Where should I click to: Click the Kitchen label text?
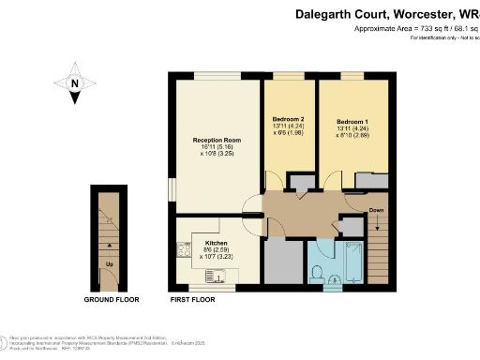[217, 242]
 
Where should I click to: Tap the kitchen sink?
[218, 276]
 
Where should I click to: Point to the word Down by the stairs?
[376, 210]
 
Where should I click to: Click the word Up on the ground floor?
[110, 265]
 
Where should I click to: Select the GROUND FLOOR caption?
[109, 300]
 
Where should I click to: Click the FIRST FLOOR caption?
[192, 300]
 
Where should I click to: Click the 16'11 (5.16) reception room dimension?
[215, 148]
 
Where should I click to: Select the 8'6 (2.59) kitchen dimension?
[217, 248]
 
